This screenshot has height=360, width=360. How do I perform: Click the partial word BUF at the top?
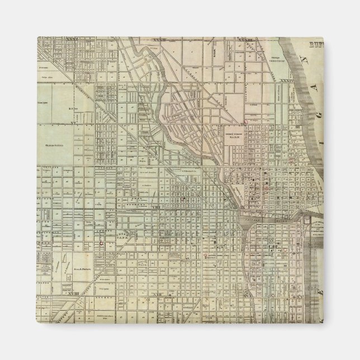click(x=319, y=41)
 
